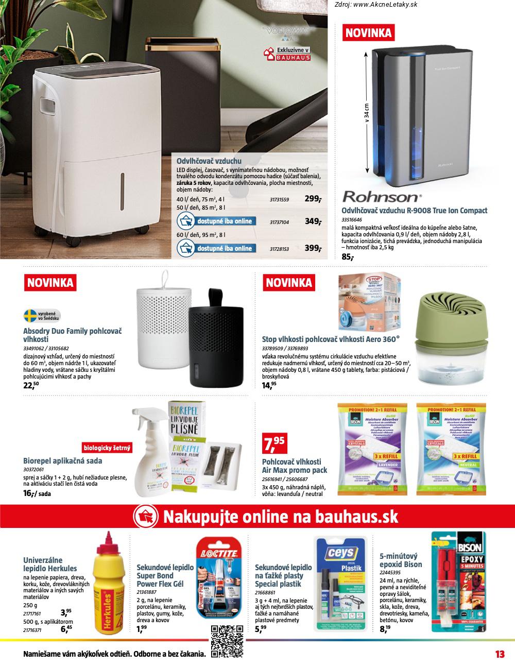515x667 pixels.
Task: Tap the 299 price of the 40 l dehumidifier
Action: click(x=312, y=199)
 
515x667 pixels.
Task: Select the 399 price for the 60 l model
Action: click(x=312, y=248)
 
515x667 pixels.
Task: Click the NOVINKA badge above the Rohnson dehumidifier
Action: click(x=368, y=33)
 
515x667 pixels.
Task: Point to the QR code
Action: click(x=227, y=642)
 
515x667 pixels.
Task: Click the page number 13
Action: click(x=499, y=654)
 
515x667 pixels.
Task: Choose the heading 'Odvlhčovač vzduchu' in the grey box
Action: click(x=209, y=161)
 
